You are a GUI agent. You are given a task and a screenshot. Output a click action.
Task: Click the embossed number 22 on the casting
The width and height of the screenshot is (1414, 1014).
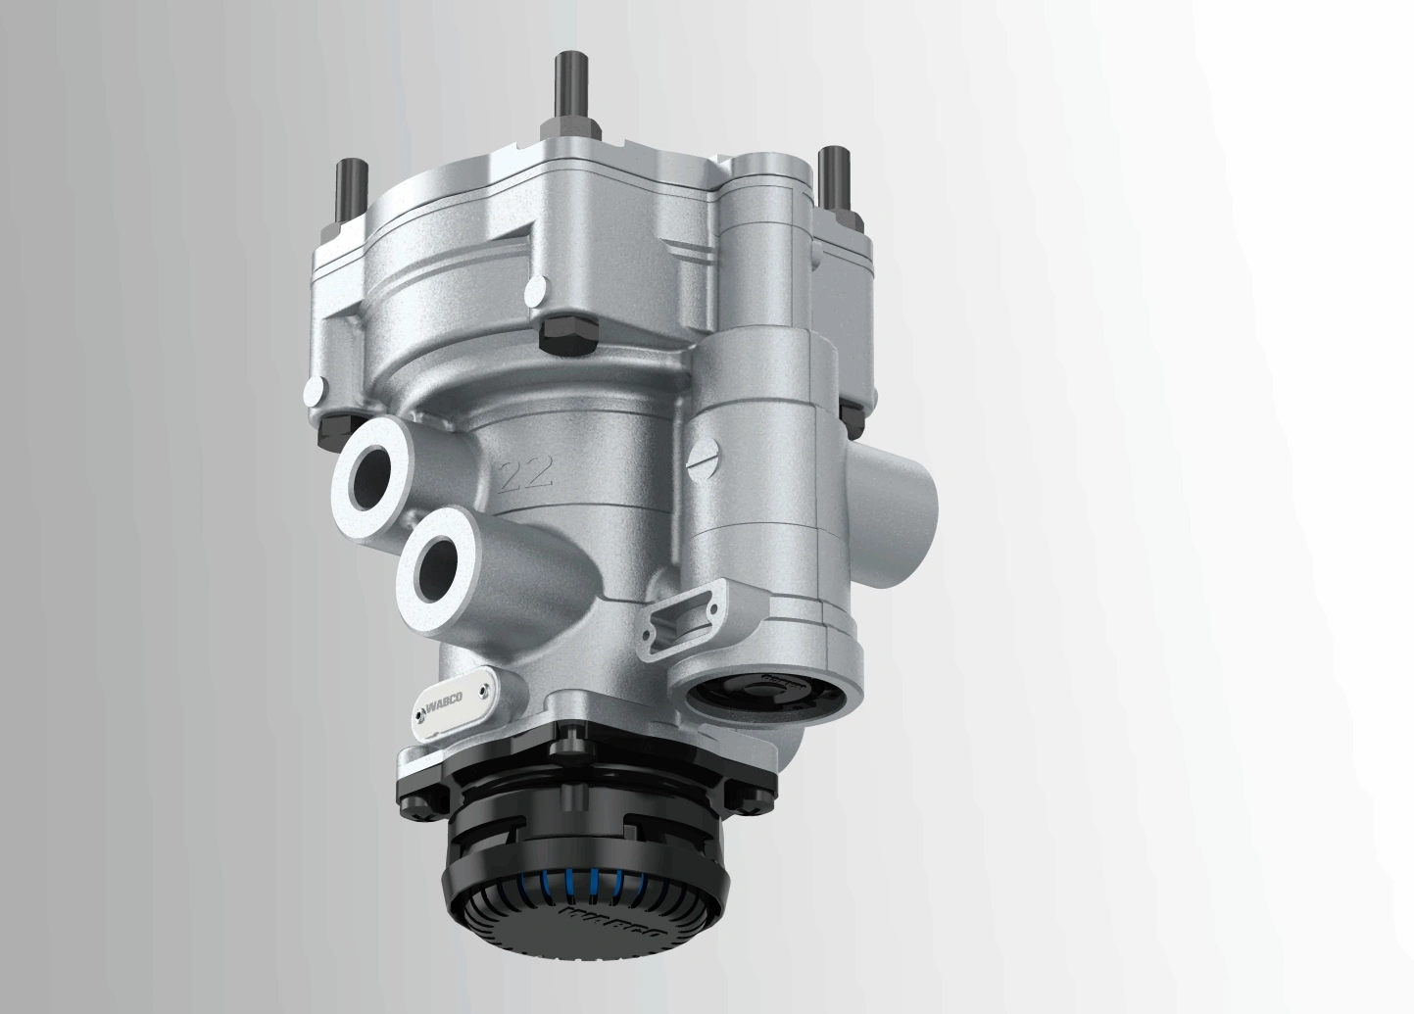(527, 475)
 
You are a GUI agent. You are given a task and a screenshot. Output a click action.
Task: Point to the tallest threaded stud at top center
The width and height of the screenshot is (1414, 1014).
(566, 88)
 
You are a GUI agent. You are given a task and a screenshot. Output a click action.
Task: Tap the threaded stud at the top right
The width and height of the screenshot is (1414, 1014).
(834, 176)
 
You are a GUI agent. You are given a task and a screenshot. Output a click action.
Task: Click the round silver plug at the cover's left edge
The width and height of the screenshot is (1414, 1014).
(315, 391)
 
